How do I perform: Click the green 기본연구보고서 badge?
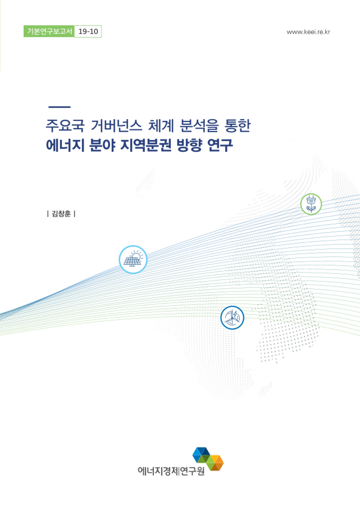click(49, 31)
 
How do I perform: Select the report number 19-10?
click(88, 31)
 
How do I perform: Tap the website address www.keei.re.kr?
click(308, 32)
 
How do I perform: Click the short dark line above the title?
click(59, 107)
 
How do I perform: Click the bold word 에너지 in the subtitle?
click(65, 145)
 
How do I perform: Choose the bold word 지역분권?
click(146, 145)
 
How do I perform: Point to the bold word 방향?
click(189, 145)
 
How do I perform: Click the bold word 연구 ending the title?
click(220, 145)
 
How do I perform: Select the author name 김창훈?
click(61, 214)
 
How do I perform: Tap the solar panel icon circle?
click(133, 260)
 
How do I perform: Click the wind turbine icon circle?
click(232, 318)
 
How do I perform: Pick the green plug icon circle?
click(311, 204)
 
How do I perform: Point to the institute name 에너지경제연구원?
click(171, 471)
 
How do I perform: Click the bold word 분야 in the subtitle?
click(102, 145)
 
